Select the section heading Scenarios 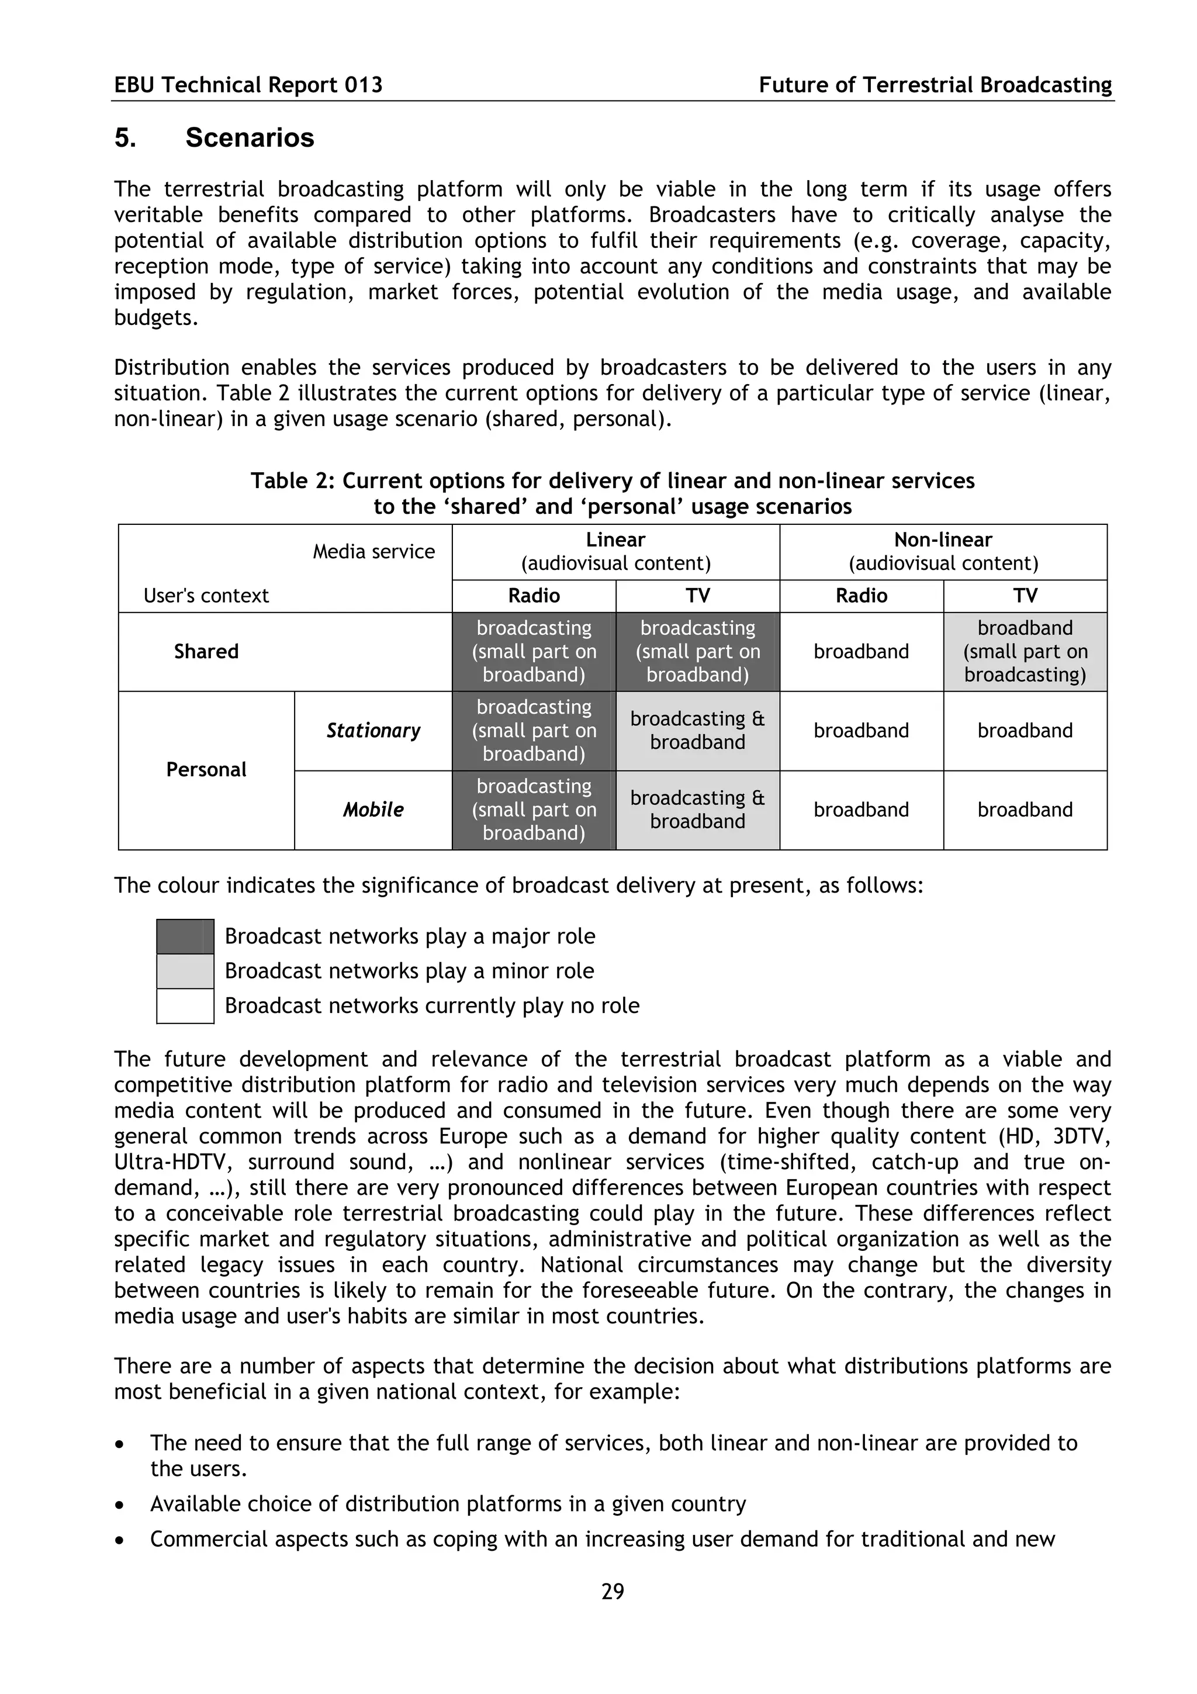pos(250,138)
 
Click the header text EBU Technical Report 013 pos(248,85)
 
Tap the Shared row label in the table pos(206,652)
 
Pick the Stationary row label pos(373,731)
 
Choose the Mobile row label pos(373,810)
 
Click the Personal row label pos(206,769)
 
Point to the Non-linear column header pos(943,540)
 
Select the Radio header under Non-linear pos(861,596)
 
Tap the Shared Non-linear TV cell pos(1025,652)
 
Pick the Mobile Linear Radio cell pos(534,810)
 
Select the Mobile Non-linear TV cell pos(1025,810)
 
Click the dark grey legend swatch pos(185,936)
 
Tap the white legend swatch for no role pos(185,1005)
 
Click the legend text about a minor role pos(409,971)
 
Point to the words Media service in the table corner pos(373,552)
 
